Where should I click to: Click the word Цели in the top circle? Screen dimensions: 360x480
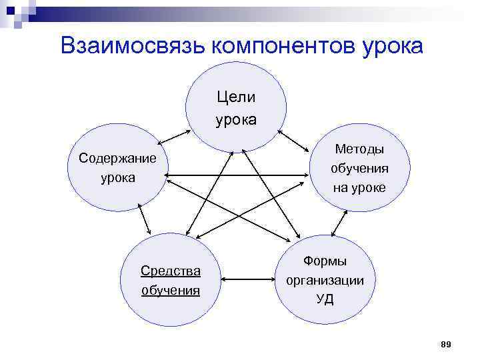236,97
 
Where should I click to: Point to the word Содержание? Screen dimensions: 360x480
117,158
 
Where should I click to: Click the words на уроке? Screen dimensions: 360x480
359,188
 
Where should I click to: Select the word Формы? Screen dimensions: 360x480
325,261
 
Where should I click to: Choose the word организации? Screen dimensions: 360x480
325,280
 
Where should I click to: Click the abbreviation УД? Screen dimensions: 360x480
325,299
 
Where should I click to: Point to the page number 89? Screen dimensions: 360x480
446,343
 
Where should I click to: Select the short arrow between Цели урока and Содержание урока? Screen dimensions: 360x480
175,135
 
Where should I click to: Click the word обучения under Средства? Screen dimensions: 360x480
171,290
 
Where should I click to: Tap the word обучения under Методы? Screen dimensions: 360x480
359,168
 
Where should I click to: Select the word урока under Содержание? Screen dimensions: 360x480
117,178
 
